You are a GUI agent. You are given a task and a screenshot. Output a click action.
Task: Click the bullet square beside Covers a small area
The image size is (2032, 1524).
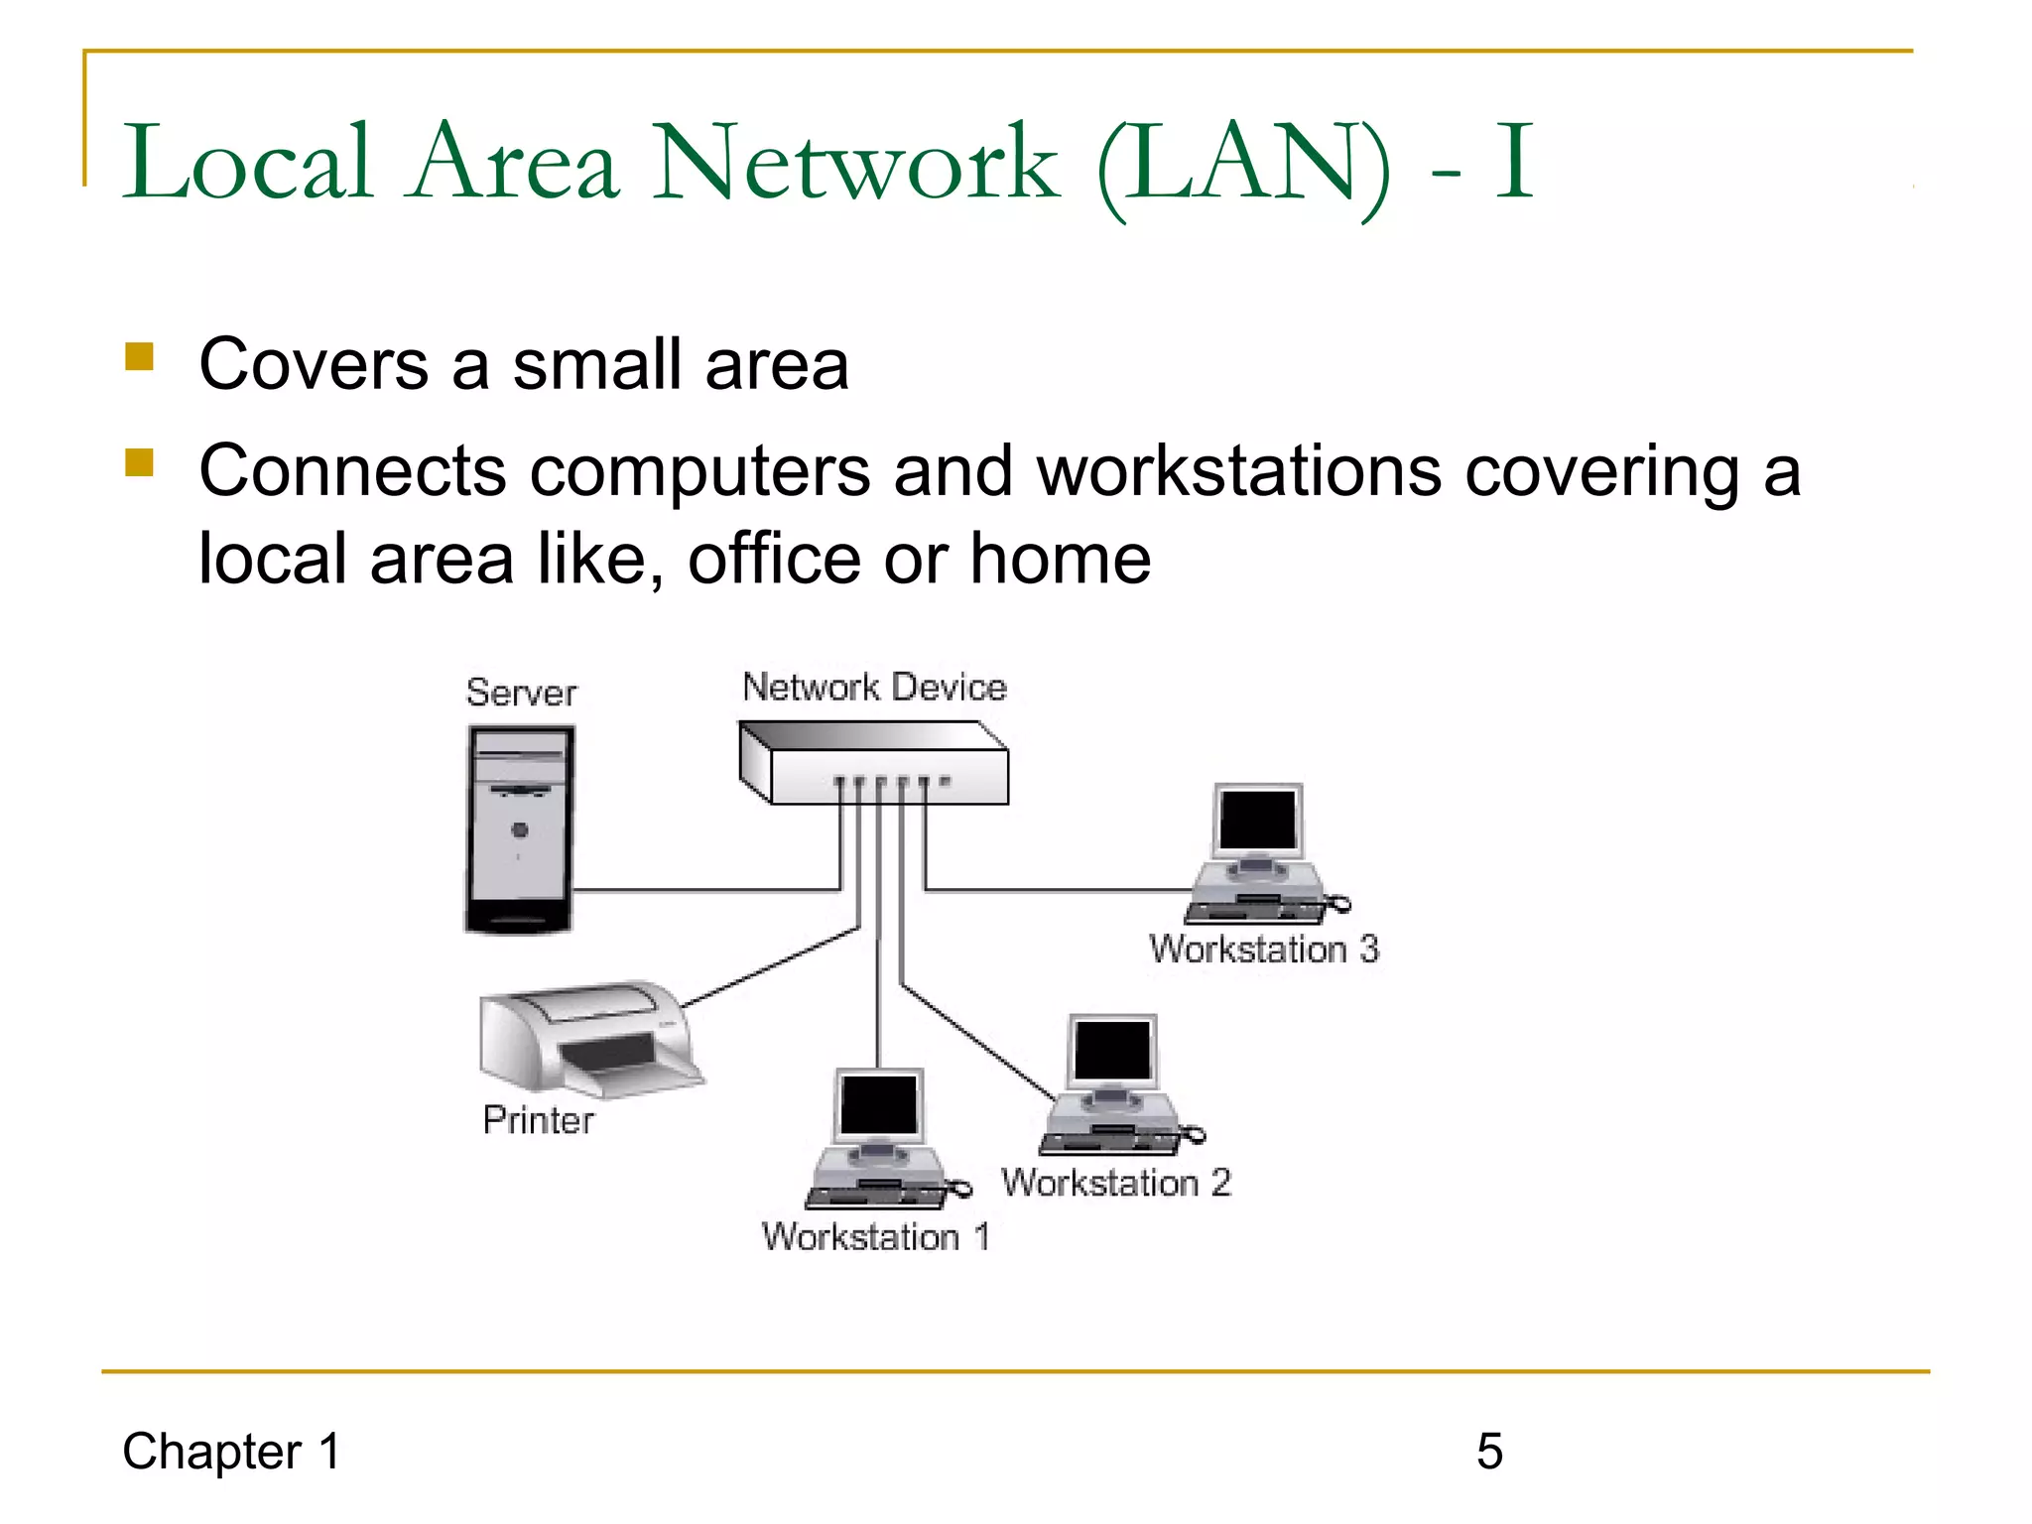(x=140, y=356)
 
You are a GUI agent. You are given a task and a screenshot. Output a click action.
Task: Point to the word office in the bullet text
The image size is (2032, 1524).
(x=774, y=559)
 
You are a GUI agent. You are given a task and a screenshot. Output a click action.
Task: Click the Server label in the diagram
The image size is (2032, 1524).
(x=521, y=693)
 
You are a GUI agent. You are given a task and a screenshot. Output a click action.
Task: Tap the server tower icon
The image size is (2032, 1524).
(x=520, y=829)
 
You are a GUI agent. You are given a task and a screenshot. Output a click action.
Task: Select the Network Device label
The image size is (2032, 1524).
(x=874, y=687)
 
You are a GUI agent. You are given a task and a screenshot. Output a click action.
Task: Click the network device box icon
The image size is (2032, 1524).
(x=873, y=762)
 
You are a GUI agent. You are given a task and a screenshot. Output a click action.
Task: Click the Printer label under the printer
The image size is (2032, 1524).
(x=538, y=1120)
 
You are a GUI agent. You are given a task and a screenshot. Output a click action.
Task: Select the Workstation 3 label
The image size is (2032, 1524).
(x=1264, y=950)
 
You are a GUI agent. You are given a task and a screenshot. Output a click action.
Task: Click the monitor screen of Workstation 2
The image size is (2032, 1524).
(x=1112, y=1050)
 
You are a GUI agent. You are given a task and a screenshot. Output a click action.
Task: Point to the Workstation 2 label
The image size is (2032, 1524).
(x=1116, y=1183)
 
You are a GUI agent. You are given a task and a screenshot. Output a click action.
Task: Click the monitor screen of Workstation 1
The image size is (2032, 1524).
(x=879, y=1104)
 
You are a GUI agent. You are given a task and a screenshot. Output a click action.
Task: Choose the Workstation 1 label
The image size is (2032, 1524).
(x=875, y=1237)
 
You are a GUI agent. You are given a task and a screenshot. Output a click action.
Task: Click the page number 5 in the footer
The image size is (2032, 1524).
(x=1489, y=1452)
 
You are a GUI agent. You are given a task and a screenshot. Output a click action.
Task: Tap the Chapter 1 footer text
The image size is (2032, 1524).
(x=232, y=1452)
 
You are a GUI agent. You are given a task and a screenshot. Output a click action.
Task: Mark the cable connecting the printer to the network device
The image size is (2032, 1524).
(x=769, y=968)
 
